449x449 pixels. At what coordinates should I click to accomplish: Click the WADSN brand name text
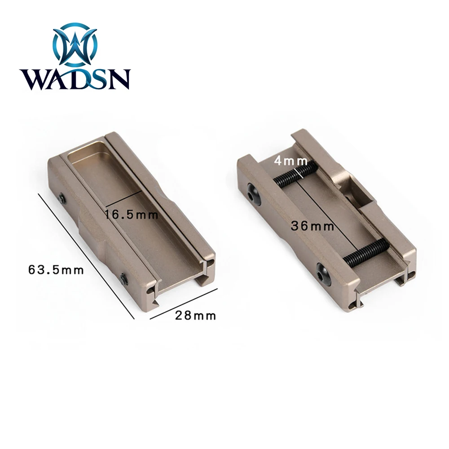(x=75, y=79)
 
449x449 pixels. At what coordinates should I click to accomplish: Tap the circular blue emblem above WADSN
(x=75, y=44)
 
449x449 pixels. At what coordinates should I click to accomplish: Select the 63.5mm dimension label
(x=56, y=270)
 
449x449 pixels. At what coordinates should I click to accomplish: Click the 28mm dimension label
(x=196, y=316)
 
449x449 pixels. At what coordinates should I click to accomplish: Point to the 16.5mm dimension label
(x=131, y=215)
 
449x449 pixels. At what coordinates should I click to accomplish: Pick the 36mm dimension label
(x=313, y=226)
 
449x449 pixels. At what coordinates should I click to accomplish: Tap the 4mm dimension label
(x=291, y=161)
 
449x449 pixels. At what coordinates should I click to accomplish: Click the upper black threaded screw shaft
(x=295, y=175)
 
